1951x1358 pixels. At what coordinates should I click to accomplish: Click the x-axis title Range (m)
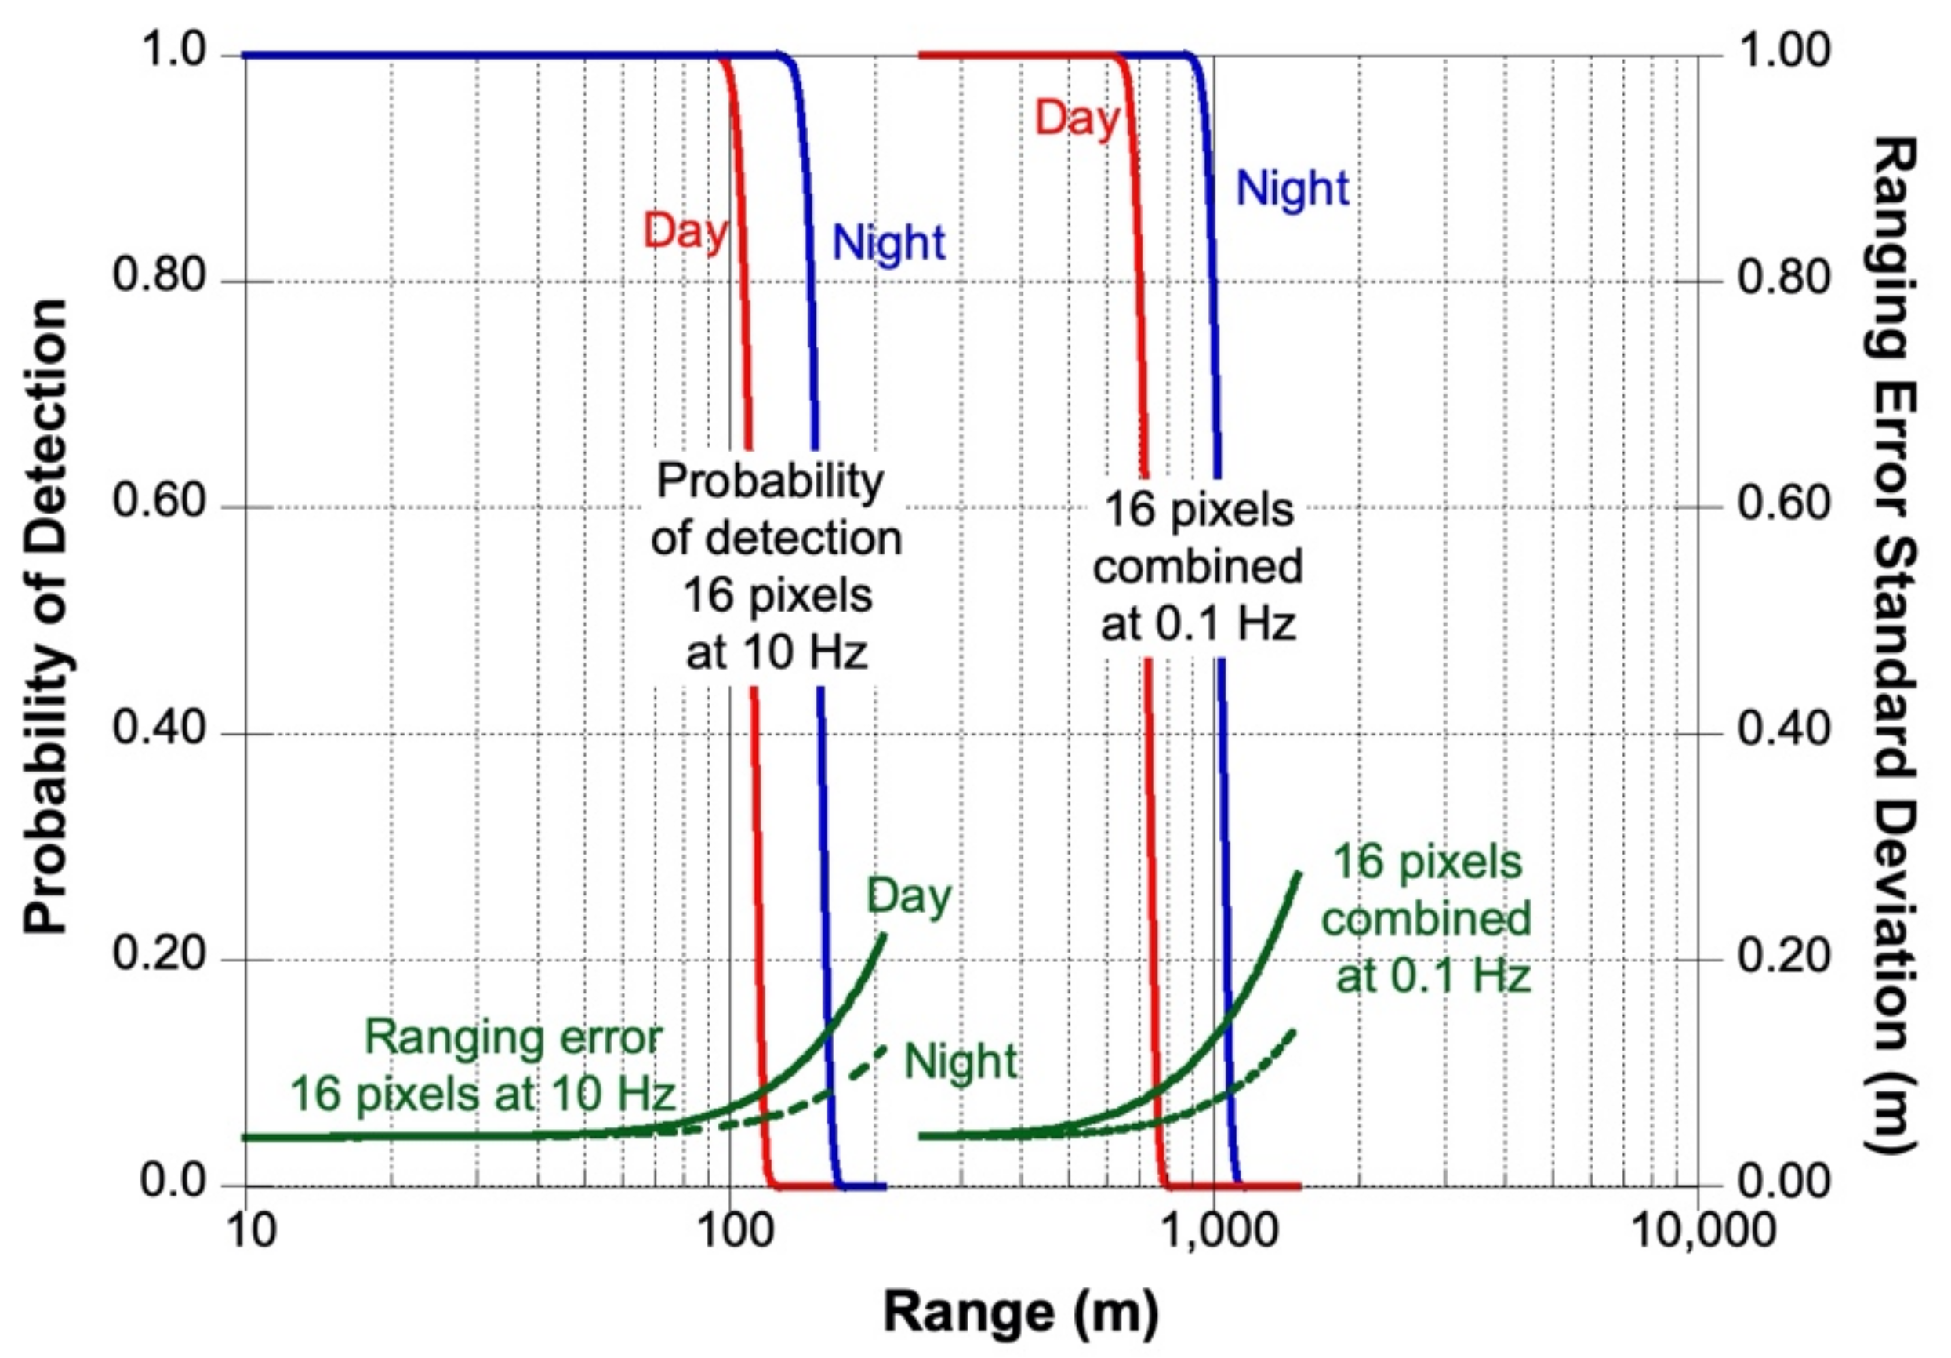click(x=1020, y=1311)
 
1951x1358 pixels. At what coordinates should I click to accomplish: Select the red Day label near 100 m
click(x=685, y=231)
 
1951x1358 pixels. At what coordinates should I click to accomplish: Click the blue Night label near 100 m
click(x=888, y=244)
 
